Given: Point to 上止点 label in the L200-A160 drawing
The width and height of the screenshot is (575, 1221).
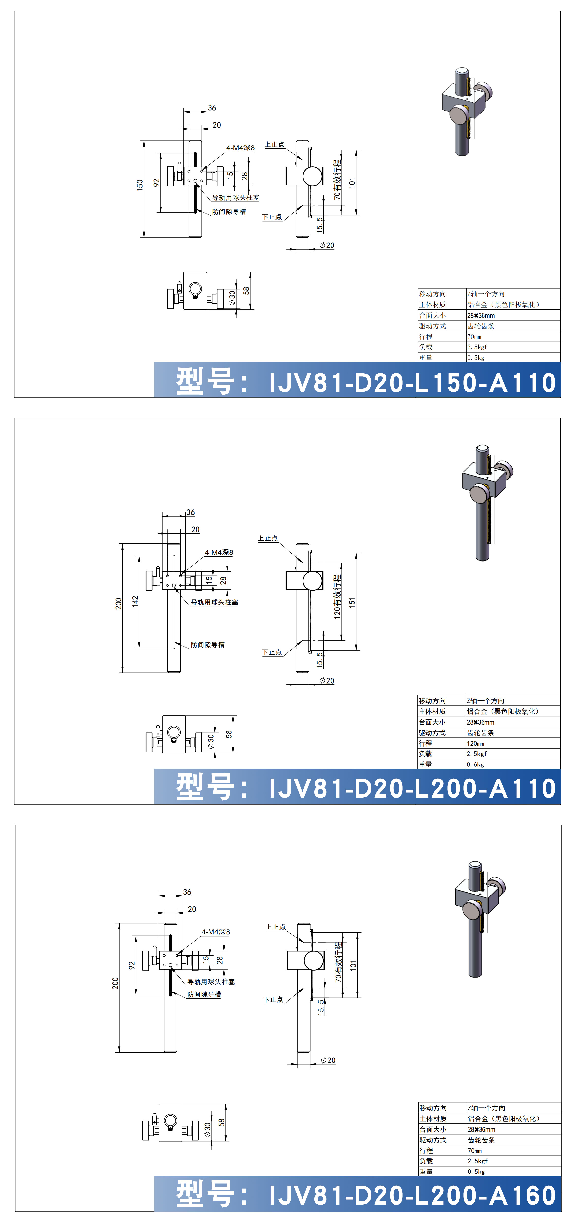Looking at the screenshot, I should tap(276, 927).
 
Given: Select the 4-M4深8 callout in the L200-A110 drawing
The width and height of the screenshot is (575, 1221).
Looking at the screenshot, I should tap(219, 552).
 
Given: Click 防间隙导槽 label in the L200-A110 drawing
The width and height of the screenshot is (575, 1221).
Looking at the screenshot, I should tap(208, 645).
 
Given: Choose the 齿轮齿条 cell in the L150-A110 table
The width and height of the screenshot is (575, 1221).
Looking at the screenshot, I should tap(481, 326).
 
